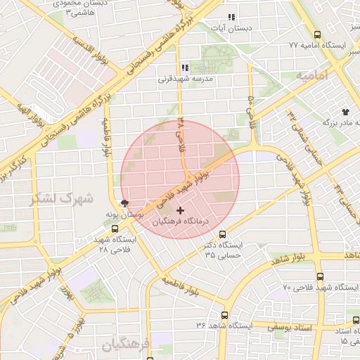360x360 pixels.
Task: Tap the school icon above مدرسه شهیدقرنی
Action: [185, 68]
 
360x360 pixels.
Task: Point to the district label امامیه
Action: [312, 74]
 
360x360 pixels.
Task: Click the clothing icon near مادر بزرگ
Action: [345, 112]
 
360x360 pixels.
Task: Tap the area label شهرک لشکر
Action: [61, 198]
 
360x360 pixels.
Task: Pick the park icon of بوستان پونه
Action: [125, 202]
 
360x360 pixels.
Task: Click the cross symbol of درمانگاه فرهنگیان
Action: [181, 210]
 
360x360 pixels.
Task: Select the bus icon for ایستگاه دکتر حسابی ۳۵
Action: [223, 234]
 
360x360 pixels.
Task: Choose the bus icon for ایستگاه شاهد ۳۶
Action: [224, 316]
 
